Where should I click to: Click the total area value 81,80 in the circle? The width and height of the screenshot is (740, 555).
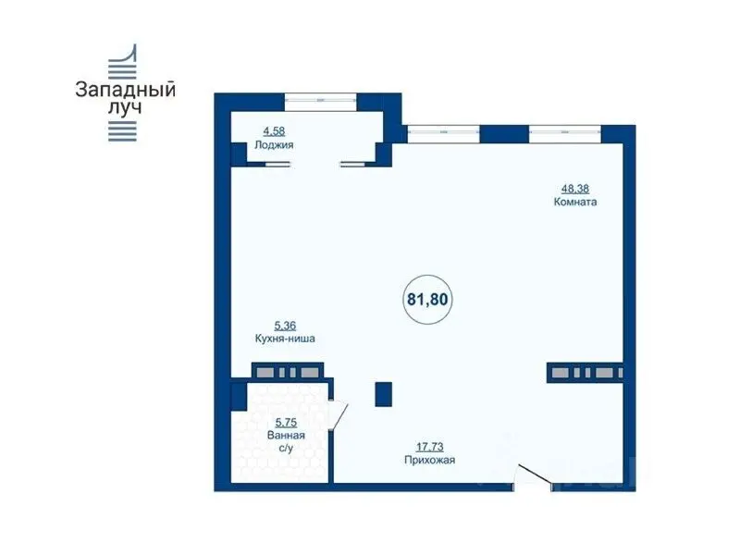(x=427, y=299)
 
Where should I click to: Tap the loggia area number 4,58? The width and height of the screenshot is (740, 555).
(x=274, y=131)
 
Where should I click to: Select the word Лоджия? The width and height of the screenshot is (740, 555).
(x=274, y=145)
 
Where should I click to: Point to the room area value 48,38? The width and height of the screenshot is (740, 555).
(x=574, y=189)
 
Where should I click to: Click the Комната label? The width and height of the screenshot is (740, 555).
(x=574, y=202)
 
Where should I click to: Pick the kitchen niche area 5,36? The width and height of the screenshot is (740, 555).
(x=285, y=326)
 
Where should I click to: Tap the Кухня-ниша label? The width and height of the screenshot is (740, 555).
(x=285, y=339)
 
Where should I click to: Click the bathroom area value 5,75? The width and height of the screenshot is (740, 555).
(x=286, y=423)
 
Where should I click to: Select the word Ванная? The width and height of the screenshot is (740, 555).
(x=286, y=435)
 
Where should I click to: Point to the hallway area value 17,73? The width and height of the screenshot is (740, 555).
(x=429, y=446)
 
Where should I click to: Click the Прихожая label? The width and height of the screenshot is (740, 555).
(x=429, y=460)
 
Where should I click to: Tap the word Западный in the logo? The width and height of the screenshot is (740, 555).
(x=125, y=90)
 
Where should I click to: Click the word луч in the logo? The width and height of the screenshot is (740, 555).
(x=125, y=108)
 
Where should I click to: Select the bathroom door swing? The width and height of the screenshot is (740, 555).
(x=339, y=414)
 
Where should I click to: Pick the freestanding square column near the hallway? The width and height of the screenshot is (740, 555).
(x=383, y=394)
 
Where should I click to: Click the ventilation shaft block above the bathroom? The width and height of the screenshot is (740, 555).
(x=288, y=373)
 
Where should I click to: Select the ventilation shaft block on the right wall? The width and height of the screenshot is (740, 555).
(x=586, y=373)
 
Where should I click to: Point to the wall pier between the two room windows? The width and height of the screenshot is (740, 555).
(x=504, y=134)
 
